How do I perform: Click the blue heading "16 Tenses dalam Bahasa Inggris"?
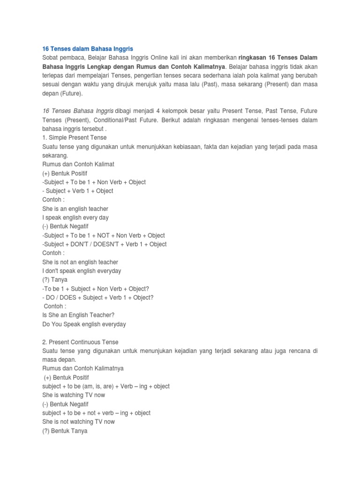(84, 48)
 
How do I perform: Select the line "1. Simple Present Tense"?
(75, 138)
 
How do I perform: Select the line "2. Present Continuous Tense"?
(81, 342)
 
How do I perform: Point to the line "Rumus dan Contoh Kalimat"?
(78, 165)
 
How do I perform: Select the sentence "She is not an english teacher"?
(80, 262)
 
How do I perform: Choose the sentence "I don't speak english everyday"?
(82, 271)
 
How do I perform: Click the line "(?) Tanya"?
(55, 280)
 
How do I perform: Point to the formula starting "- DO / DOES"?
(98, 298)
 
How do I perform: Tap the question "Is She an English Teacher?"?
(78, 315)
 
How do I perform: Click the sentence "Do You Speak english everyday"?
(84, 324)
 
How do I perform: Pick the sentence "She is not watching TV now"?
(78, 422)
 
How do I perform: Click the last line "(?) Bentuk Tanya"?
(65, 431)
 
